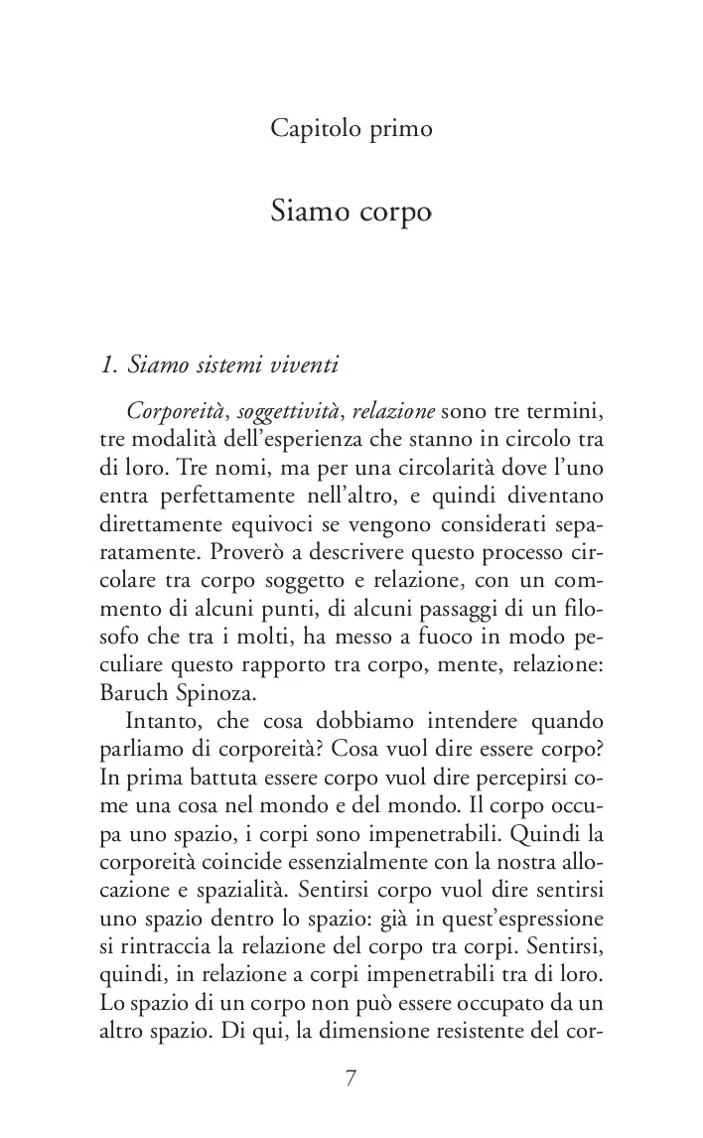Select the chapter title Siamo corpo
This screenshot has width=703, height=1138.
point(351,212)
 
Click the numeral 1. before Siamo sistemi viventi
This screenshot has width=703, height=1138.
point(109,365)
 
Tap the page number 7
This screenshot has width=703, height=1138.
point(351,1080)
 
